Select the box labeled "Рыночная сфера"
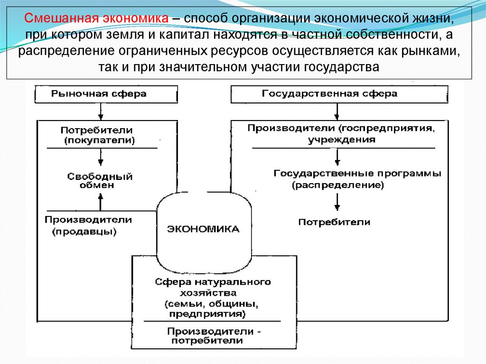pos(106,94)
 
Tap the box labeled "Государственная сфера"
pos(339,94)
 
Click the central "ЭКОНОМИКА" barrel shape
pos(203,229)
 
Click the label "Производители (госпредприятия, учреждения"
pos(340,133)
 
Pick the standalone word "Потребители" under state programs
pos(334,222)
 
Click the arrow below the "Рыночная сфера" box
pos(100,111)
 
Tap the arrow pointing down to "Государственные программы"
pos(336,157)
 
